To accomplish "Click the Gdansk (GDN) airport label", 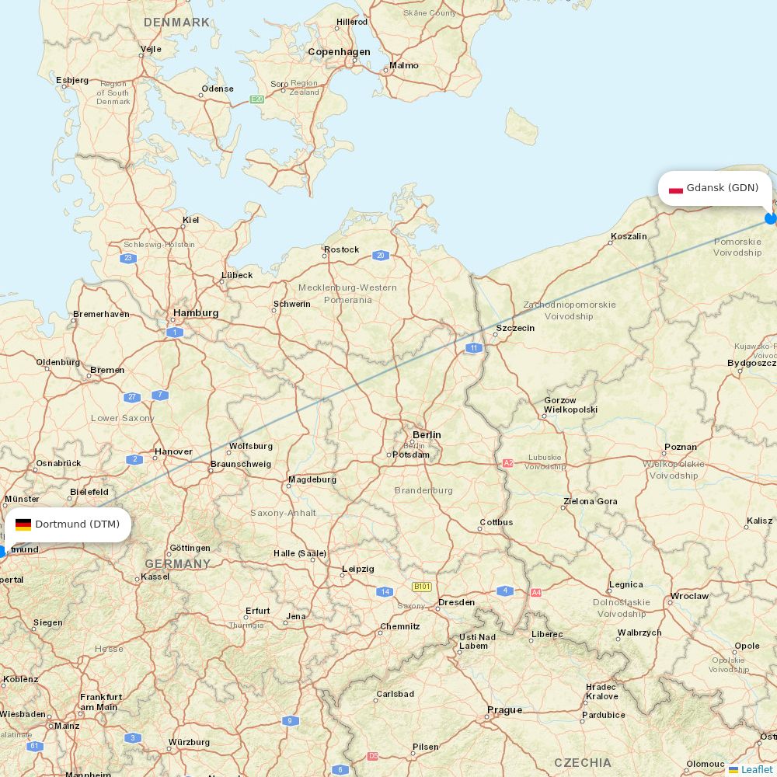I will [x=722, y=188].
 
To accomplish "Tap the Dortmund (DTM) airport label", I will [x=77, y=524].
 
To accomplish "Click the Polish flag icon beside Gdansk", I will [x=676, y=189].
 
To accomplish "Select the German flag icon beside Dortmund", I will [x=23, y=524].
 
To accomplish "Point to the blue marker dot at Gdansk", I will [x=771, y=218].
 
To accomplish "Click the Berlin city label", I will [x=427, y=435].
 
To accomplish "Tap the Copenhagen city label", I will [x=339, y=52].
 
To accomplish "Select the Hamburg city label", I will [x=196, y=313].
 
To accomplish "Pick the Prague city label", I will [x=504, y=710].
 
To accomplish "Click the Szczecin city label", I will [x=515, y=328].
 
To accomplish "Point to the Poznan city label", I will [x=681, y=448].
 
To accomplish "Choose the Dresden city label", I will [x=456, y=602].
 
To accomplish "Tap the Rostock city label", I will [x=342, y=249].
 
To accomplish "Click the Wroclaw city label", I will [x=690, y=597].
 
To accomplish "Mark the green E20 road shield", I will [x=257, y=99].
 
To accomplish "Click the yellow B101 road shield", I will [x=422, y=587].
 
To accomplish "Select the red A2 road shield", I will [x=508, y=463].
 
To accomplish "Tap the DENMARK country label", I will [x=176, y=23].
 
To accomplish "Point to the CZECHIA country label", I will [x=583, y=762].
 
